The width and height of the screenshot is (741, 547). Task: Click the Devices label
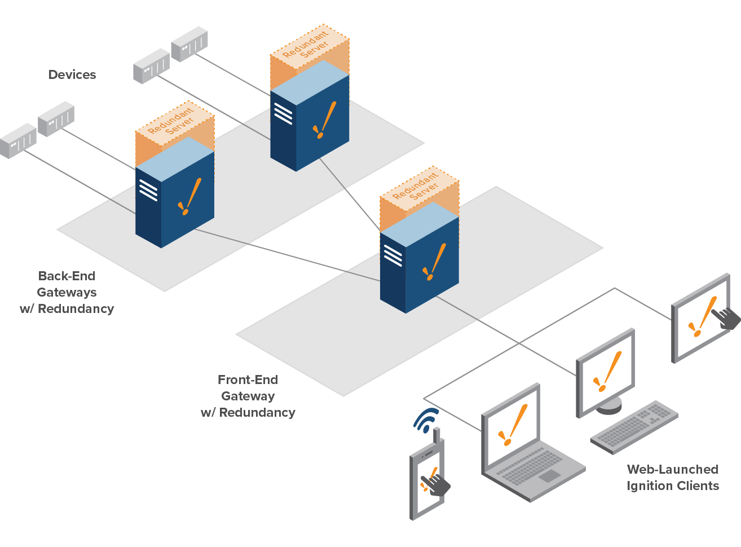(x=72, y=74)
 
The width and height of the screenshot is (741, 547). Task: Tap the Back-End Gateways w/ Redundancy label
(x=67, y=292)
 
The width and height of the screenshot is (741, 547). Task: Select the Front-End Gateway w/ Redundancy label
(x=248, y=396)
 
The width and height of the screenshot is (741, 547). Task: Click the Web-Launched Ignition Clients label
(x=672, y=477)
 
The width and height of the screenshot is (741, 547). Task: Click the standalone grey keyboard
(x=634, y=426)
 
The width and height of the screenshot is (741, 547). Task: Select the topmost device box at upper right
(x=189, y=43)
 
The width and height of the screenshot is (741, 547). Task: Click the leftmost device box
(x=18, y=140)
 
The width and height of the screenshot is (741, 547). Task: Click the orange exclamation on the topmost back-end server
(x=324, y=120)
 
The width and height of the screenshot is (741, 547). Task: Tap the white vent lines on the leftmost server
(x=148, y=189)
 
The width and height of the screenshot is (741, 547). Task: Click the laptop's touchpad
(x=549, y=476)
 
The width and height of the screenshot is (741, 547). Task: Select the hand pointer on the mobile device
(x=436, y=484)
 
